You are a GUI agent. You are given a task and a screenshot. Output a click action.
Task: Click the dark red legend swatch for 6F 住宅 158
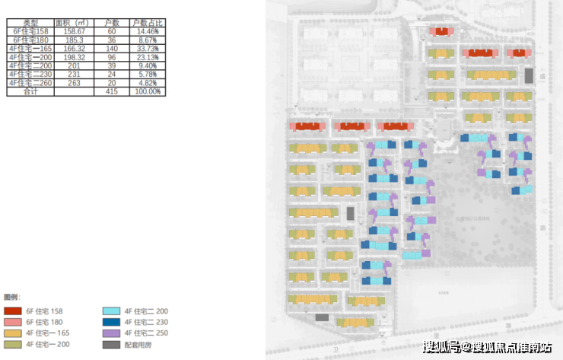pos(13,311)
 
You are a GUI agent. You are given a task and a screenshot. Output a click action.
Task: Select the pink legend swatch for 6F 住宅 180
pos(13,322)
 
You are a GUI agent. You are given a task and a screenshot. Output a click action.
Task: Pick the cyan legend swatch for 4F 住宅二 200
pos(112,311)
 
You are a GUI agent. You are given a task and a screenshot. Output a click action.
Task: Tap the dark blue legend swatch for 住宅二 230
pos(112,322)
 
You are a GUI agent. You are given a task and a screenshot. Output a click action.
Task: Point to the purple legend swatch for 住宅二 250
pos(112,333)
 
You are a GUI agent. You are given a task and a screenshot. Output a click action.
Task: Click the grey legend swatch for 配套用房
pos(112,345)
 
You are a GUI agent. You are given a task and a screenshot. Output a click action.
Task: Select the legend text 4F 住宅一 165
pos(48,333)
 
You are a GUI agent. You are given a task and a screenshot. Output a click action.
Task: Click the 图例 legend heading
pos(11,296)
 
